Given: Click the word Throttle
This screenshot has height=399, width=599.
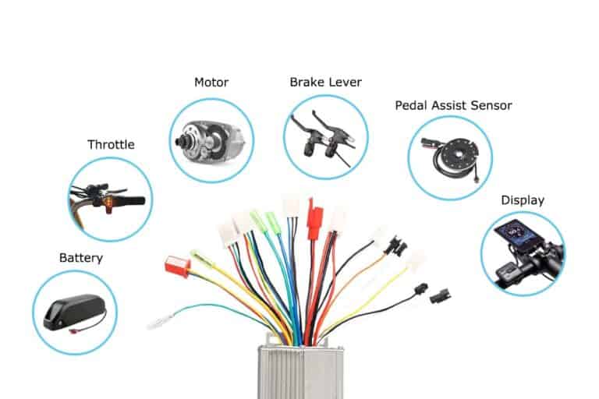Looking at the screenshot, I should point(111,144).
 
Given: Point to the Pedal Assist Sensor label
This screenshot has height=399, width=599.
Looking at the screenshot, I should point(453,104).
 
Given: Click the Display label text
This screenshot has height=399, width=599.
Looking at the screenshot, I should point(523,200).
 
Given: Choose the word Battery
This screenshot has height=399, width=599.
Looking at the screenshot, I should point(80,257).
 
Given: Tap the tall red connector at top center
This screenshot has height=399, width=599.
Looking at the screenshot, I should point(314,221).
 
